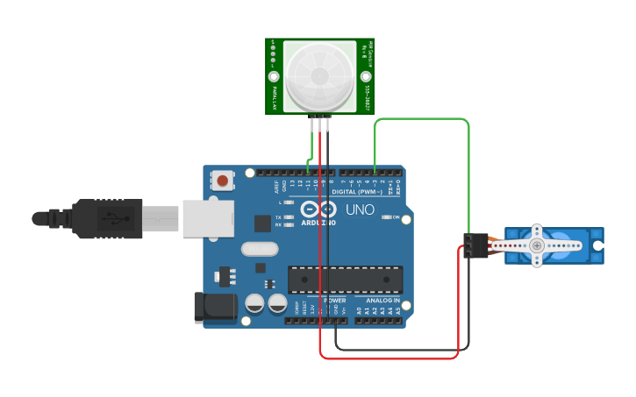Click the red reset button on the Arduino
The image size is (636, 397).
pos(223,181)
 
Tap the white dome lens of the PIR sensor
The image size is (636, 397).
pos(318,76)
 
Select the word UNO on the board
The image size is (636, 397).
pos(359,210)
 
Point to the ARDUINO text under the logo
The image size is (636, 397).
pos(318,223)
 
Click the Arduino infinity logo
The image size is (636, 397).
pos(318,209)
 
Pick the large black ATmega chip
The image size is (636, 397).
pos(345,280)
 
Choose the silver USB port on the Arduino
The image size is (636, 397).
pos(209,218)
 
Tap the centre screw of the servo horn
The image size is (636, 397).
pos(537,246)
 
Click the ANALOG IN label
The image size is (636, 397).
pos(384,300)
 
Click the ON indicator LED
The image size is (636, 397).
pos(386,216)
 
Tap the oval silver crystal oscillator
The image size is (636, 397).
pos(259,249)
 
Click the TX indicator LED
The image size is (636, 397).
pos(287,216)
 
